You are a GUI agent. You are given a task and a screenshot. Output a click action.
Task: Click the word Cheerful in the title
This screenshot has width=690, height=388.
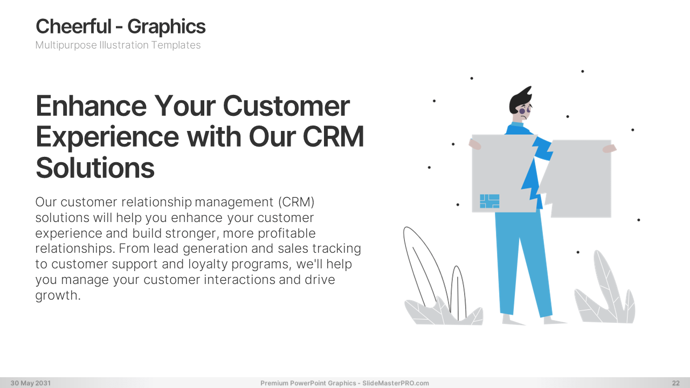[x=73, y=26]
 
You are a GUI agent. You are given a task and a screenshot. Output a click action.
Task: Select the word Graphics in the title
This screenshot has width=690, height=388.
[x=167, y=27]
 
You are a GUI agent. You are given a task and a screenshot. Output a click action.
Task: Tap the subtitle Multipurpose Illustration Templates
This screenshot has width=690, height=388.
[x=118, y=45]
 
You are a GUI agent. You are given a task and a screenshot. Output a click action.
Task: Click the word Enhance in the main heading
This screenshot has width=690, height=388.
[x=91, y=106]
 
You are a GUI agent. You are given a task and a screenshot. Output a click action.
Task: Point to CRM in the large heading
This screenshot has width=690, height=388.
[x=333, y=137]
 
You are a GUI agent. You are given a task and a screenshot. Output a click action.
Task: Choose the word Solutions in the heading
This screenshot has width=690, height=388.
[x=95, y=168]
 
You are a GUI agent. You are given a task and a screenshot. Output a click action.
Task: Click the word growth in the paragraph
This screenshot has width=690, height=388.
[x=58, y=295]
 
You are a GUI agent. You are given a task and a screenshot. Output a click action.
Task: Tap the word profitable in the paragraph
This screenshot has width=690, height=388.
[x=286, y=233]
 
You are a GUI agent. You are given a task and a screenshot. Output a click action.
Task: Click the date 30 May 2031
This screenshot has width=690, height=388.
[x=31, y=383]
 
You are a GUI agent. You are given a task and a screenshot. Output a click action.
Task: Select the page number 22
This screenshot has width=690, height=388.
[x=676, y=383]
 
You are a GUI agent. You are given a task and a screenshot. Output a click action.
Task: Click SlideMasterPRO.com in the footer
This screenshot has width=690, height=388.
[x=396, y=383]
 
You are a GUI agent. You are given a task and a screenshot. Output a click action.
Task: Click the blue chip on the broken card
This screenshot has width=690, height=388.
[x=489, y=201]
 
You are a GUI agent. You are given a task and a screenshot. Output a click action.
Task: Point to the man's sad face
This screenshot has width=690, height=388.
[x=523, y=113]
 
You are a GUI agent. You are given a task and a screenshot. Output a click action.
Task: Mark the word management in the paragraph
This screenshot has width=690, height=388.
[x=234, y=203]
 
